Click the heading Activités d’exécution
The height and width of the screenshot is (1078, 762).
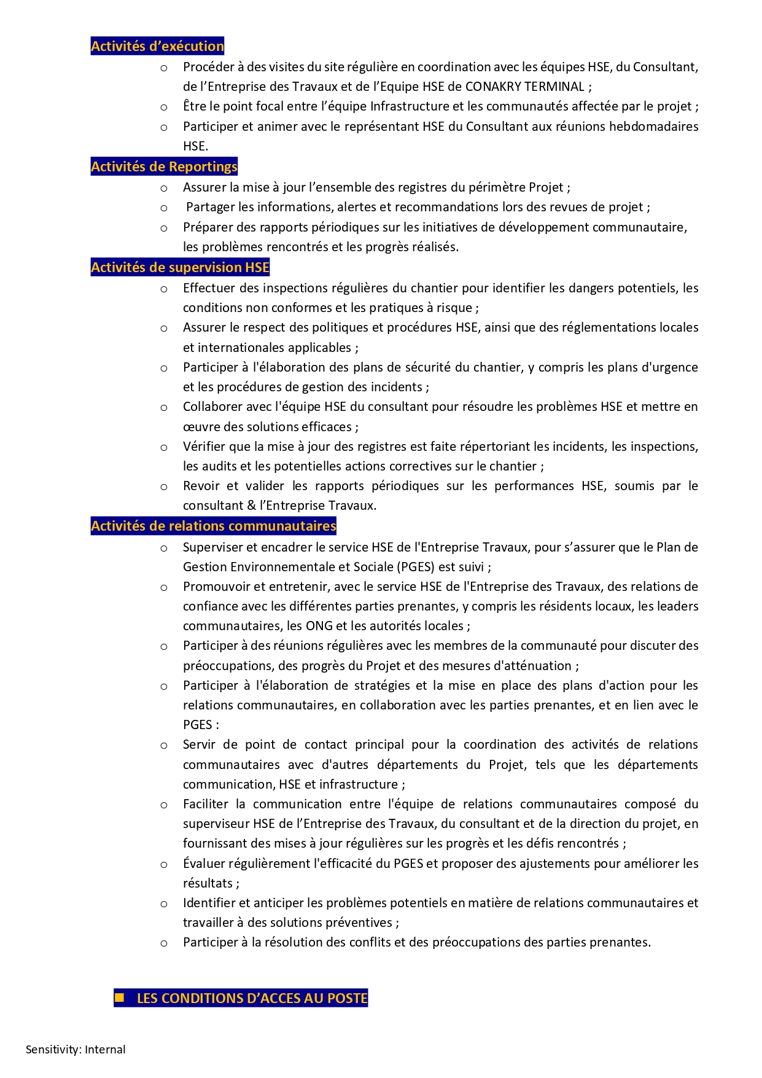coord(157,46)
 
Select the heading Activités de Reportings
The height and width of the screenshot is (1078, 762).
coord(164,166)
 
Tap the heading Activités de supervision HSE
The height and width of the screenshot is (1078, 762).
coord(180,267)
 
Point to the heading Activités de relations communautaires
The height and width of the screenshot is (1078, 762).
coord(213,526)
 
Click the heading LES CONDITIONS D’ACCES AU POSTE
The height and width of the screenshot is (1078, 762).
coord(252,998)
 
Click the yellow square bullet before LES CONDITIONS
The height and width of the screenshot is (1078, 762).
coord(120,998)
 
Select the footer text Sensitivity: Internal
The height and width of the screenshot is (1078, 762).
coord(76,1049)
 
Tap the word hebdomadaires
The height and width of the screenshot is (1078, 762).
coord(653,127)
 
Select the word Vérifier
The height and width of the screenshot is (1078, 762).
coord(205,447)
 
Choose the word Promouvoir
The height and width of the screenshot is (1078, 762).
coord(216,587)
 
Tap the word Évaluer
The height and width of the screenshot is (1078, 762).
coord(204,864)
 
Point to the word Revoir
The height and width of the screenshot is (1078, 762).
coord(201,486)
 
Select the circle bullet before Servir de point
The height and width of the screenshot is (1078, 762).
coord(164,746)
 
